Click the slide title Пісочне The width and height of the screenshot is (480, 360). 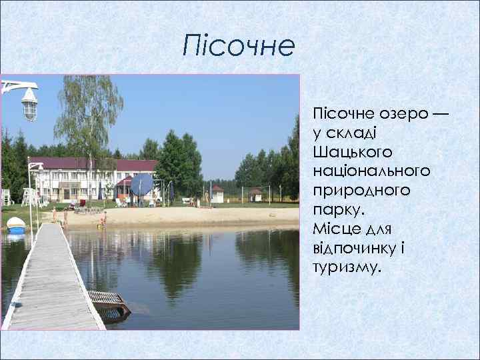pyautogui.click(x=239, y=47)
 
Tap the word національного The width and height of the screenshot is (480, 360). pyautogui.click(x=371, y=171)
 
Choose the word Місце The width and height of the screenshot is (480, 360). pyautogui.click(x=335, y=229)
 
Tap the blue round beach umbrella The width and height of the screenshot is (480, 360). pyautogui.click(x=141, y=183)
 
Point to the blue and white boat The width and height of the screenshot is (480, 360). pyautogui.click(x=16, y=225)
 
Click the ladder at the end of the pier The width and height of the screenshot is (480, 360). pyautogui.click(x=109, y=303)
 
